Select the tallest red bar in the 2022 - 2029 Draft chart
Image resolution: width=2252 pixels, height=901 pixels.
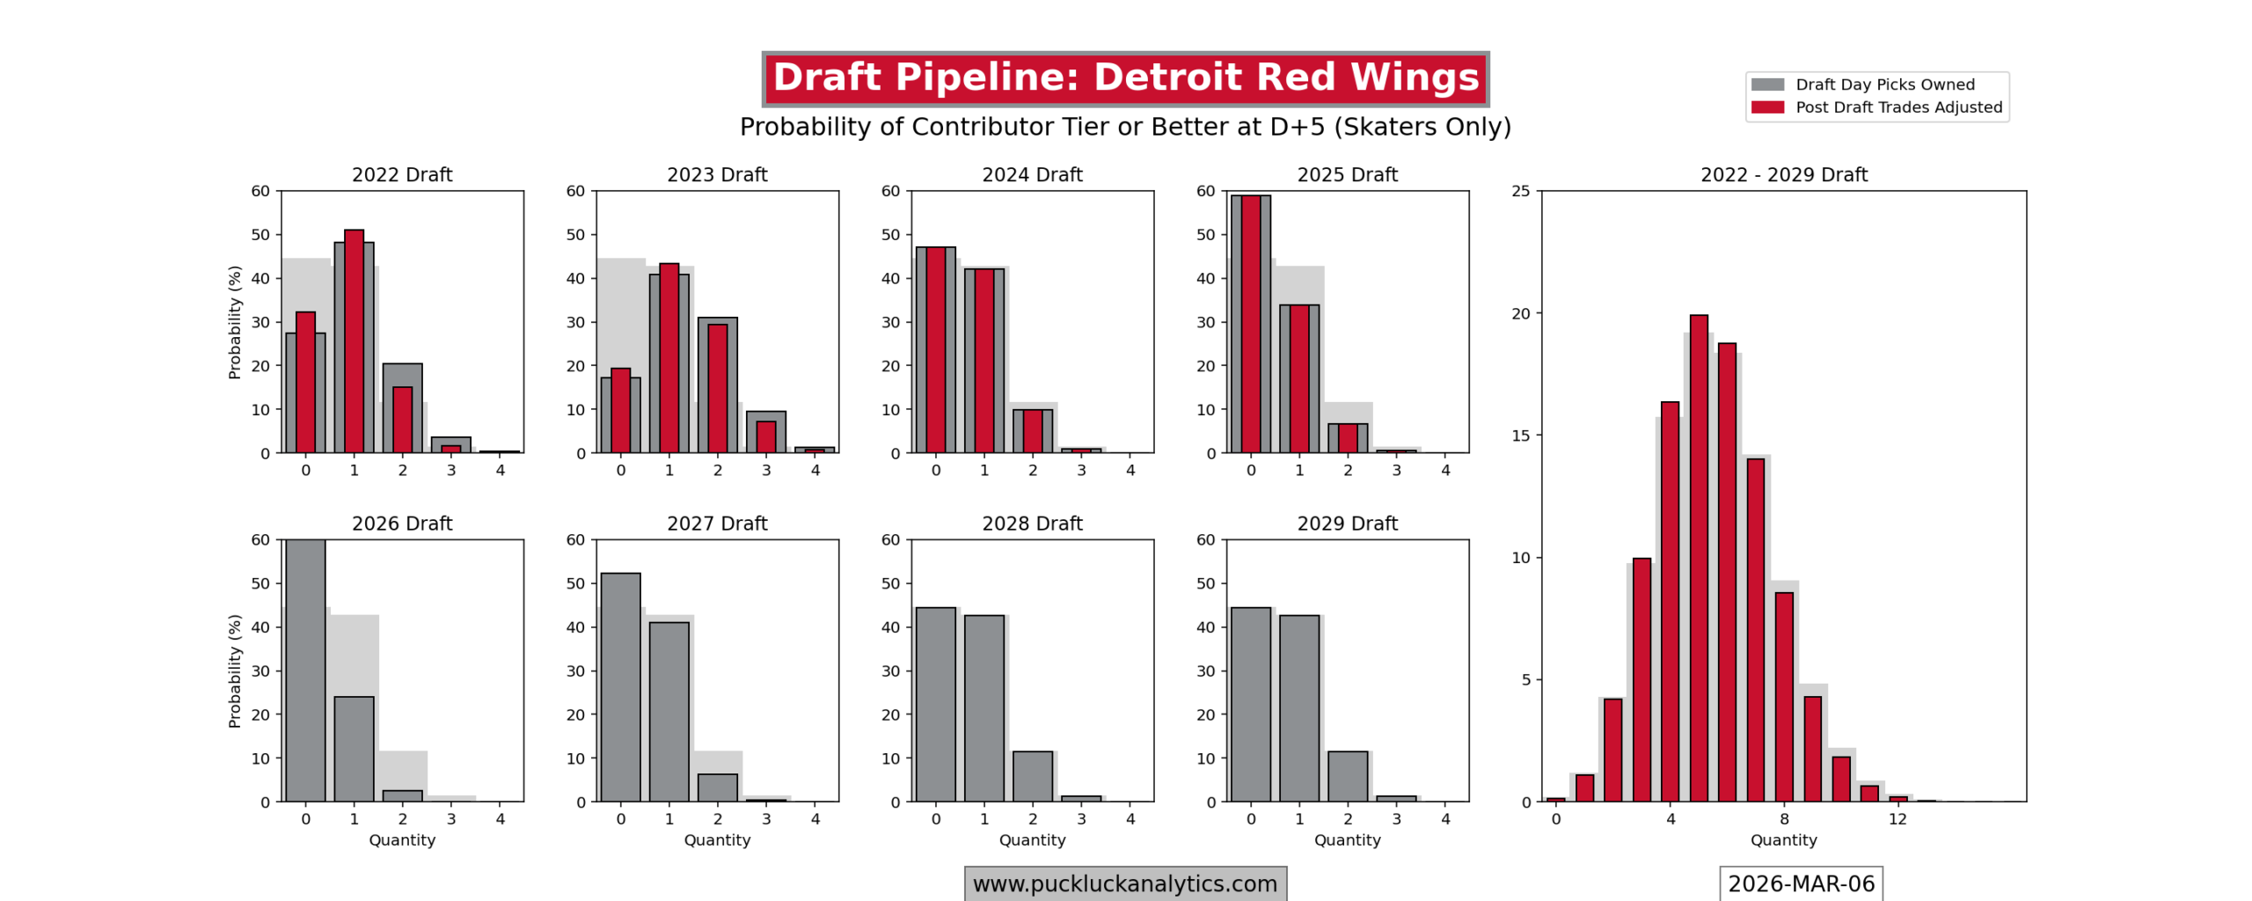[1698, 558]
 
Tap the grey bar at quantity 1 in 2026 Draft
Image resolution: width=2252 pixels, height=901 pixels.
[354, 749]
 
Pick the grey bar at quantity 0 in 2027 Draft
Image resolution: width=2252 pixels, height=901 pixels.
[620, 687]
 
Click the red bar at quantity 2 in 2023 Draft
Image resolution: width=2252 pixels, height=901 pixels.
[717, 388]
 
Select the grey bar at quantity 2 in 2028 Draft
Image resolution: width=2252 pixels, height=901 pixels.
[1032, 776]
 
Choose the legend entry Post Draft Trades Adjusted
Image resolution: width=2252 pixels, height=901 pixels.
[1898, 107]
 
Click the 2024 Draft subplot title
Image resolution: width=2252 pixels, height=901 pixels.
[1032, 174]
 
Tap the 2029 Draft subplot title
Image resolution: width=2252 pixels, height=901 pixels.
[1347, 524]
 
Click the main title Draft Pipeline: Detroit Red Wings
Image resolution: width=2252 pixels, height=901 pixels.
[1125, 78]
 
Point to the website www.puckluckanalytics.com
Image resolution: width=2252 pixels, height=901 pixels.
[1124, 883]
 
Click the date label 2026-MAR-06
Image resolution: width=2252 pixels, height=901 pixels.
[1801, 883]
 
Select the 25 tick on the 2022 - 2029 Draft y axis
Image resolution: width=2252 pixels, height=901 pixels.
[1520, 191]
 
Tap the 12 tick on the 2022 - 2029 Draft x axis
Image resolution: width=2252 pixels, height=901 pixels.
[1897, 819]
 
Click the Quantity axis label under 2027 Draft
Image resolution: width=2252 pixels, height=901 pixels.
[717, 840]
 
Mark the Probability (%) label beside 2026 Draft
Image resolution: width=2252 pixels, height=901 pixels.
[234, 670]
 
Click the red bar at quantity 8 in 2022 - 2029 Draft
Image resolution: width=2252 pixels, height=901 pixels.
[1783, 697]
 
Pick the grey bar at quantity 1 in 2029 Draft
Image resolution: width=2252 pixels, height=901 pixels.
[1298, 708]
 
